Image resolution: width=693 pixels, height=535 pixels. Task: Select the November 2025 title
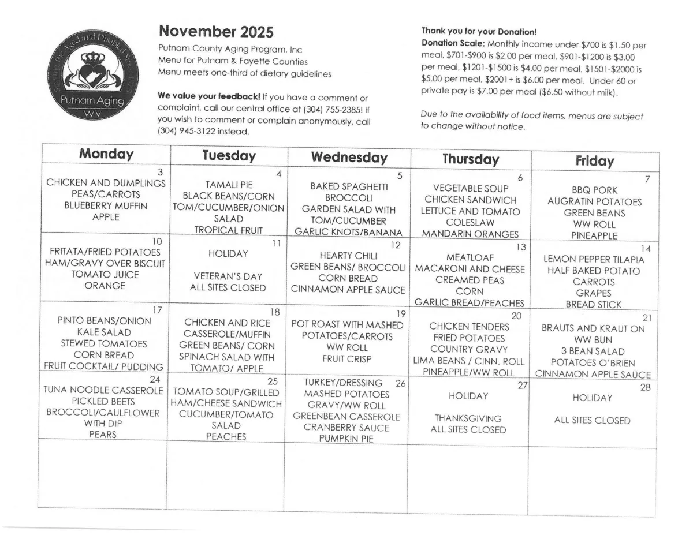[x=215, y=31]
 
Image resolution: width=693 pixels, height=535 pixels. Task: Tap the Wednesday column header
[x=349, y=158]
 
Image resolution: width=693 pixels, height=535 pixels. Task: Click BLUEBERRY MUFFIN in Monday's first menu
[x=106, y=205]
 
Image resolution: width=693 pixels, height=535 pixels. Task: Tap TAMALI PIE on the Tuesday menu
[x=229, y=185]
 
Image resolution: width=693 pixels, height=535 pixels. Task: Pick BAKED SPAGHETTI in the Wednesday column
[x=349, y=186]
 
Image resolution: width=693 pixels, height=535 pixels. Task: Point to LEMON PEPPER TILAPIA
[x=594, y=260]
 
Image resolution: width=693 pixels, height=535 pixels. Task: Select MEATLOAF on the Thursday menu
[x=469, y=257]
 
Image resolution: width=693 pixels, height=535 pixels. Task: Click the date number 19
[x=401, y=314]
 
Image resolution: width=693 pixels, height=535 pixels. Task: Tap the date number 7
[x=647, y=179]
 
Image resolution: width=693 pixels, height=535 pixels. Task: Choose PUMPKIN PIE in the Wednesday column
[x=346, y=439]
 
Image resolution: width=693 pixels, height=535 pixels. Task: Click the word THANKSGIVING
[x=468, y=418]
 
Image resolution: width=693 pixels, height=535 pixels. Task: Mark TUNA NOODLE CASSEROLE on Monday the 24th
[x=103, y=390]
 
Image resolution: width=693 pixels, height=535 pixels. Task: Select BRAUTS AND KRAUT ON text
[x=593, y=328]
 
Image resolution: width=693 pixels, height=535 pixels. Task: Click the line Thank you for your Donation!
[x=479, y=31]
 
